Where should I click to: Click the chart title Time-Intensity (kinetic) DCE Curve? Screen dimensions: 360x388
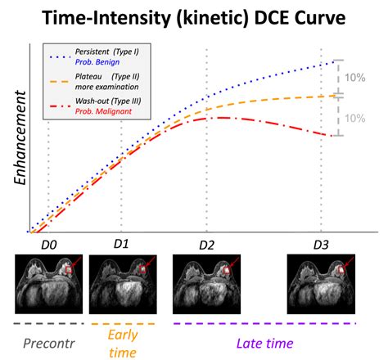point(194,18)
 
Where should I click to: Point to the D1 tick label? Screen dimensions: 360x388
point(121,244)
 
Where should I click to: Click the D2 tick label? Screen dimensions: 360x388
point(205,244)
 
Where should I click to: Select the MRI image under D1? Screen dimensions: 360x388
point(121,279)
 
